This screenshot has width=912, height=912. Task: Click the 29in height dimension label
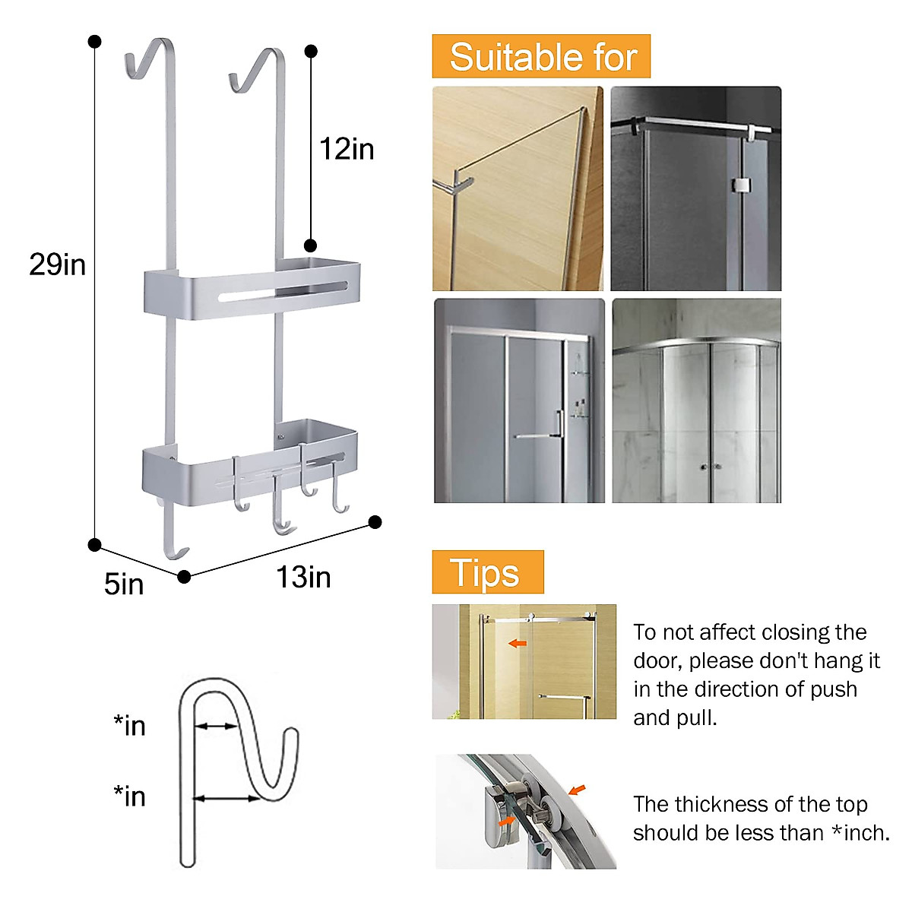tap(57, 264)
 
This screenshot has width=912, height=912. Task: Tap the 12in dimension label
tap(347, 149)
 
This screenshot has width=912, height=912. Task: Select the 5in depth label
tap(124, 584)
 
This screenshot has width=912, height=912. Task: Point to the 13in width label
tap(303, 578)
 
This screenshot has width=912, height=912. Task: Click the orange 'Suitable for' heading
tap(541, 57)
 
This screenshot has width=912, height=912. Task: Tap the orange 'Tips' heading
tap(487, 572)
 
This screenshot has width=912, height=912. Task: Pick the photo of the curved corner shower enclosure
tap(696, 401)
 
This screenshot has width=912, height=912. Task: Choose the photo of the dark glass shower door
tap(696, 188)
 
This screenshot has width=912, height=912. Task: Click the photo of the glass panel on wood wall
tap(518, 188)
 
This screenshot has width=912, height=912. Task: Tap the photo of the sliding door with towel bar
tap(519, 401)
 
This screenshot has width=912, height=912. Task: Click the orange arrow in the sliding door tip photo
tap(518, 644)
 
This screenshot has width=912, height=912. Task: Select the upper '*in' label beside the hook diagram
tap(129, 726)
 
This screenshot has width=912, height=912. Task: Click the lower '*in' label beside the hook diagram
tap(129, 796)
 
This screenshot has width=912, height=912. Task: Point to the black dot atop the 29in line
tap(94, 41)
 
